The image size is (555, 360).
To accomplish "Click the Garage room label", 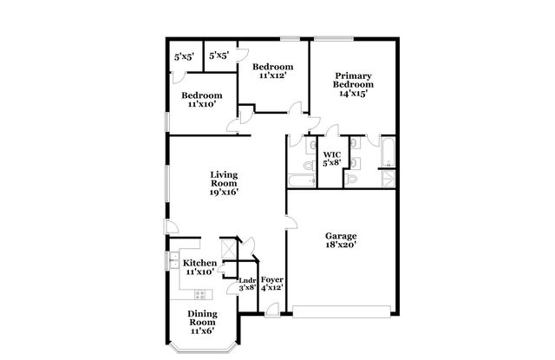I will [341, 236].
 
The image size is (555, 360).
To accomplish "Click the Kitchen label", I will [199, 263].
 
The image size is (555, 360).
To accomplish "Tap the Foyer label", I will [272, 279].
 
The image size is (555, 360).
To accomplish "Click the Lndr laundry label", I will [248, 279].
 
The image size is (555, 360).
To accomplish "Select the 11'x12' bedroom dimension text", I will [272, 75].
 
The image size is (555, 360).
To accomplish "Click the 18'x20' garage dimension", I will [341, 245].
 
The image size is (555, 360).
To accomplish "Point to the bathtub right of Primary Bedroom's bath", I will [387, 155].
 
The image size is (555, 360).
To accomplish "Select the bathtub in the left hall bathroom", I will [302, 180].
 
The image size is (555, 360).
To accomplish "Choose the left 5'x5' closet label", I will [184, 56].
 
